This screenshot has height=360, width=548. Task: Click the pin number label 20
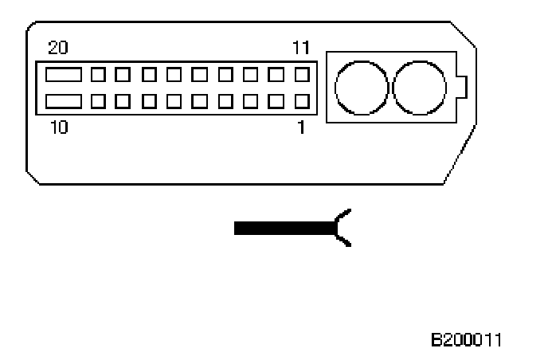[58, 48]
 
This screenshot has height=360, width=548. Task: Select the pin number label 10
[58, 127]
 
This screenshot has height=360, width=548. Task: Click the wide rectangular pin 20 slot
[63, 76]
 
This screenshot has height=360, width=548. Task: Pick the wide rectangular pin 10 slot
[63, 102]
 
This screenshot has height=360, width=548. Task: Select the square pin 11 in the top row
[302, 76]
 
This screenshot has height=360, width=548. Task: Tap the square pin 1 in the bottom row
[302, 102]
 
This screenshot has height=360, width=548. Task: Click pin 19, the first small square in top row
[99, 76]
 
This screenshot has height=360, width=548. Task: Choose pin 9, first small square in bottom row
[99, 102]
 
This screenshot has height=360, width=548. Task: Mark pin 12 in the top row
[276, 76]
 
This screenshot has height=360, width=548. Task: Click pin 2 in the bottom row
[276, 102]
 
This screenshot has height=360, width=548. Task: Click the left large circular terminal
[362, 88]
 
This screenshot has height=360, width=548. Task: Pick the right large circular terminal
[419, 88]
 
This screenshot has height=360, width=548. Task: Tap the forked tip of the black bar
[343, 229]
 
